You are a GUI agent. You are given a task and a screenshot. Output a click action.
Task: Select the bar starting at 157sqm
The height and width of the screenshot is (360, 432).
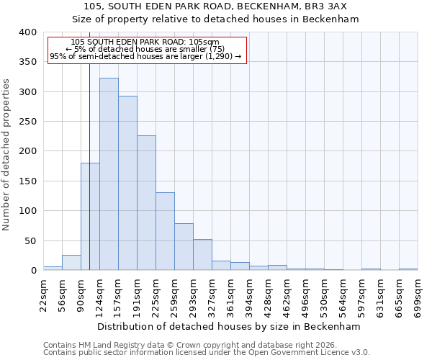(127, 183)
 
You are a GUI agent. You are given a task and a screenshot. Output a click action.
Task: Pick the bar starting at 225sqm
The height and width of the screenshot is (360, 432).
(165, 231)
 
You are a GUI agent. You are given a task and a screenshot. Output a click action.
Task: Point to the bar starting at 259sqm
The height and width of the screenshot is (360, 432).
(184, 247)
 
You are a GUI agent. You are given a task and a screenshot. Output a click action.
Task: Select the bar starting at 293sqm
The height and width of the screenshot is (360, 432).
(202, 255)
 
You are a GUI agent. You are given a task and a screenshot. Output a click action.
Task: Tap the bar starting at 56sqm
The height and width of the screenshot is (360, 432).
(71, 263)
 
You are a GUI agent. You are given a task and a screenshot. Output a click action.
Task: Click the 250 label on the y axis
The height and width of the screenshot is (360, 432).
(27, 122)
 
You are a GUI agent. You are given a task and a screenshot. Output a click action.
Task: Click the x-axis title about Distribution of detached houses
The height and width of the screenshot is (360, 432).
(228, 326)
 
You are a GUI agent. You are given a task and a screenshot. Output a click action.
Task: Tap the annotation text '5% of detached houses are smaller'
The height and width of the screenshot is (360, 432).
(150, 49)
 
